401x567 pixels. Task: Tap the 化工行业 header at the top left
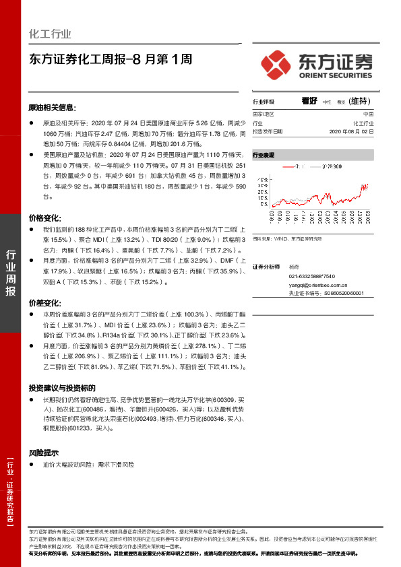click(51, 34)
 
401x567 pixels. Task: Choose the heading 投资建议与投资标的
click(66, 389)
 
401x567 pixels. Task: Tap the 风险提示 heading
click(44, 453)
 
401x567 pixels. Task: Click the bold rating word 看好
click(310, 101)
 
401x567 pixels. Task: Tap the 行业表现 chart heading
click(264, 154)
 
